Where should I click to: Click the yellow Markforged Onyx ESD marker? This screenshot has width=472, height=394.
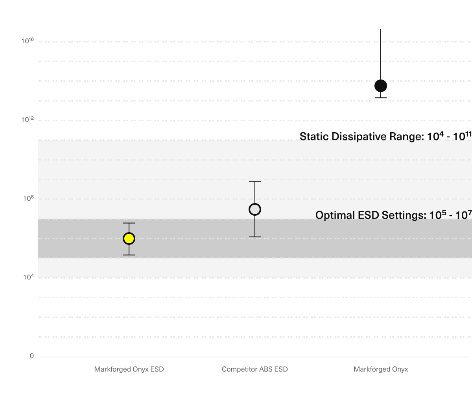[x=129, y=239]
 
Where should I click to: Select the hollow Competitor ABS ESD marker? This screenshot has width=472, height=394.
[x=255, y=209]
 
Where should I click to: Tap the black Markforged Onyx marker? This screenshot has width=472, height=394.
[x=381, y=86]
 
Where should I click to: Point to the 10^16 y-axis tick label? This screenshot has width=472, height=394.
[x=28, y=41]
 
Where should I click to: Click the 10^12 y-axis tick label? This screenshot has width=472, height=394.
[x=28, y=120]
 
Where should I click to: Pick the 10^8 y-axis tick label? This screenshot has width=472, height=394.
[x=28, y=199]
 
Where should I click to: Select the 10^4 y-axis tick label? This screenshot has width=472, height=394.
[x=28, y=277]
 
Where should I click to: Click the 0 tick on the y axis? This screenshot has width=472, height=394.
[x=32, y=356]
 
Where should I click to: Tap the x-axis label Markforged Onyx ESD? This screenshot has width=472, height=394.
[x=129, y=369]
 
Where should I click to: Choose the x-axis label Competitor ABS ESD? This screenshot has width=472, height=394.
[x=255, y=369]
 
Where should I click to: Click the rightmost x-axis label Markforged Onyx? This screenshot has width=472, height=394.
[x=381, y=369]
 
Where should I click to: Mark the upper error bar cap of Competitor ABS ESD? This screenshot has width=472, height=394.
[x=255, y=182]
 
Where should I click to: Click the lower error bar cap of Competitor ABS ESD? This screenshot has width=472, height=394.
[x=255, y=237]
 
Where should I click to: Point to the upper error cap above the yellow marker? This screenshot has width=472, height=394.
[x=129, y=223]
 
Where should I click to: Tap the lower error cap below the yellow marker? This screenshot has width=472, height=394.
[x=129, y=255]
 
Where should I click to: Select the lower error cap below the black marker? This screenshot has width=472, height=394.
[x=381, y=98]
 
